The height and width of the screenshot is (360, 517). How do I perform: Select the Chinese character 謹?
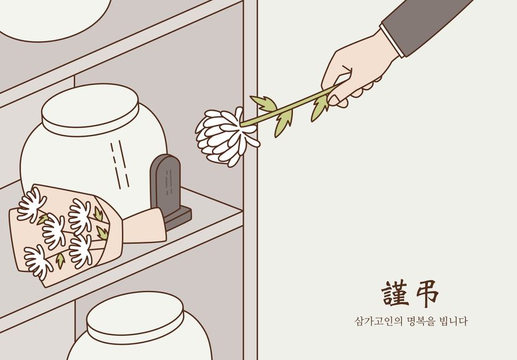click(396, 294)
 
